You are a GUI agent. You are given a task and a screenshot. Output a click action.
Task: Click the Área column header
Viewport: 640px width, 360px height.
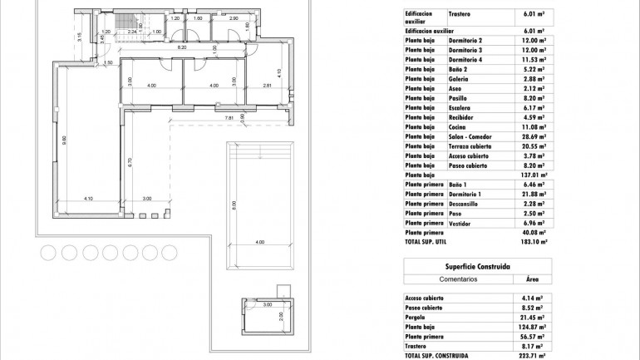point(533,280)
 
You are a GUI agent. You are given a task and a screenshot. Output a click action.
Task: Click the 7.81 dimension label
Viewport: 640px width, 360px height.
point(230,119)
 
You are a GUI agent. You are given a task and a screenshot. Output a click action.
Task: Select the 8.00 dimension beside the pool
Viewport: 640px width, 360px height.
point(234,204)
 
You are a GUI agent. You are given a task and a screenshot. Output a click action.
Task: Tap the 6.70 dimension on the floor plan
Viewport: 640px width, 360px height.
point(130,163)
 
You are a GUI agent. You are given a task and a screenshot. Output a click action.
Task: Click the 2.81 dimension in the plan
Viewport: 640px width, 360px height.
point(267,86)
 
